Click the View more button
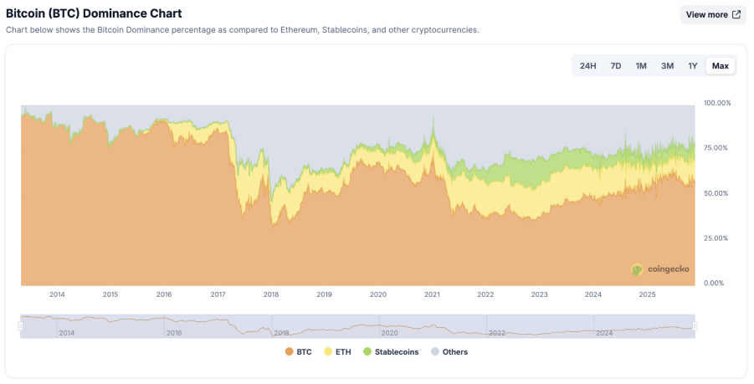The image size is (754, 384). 712,14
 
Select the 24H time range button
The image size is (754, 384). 587,66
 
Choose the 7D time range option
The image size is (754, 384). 615,66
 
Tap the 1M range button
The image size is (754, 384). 641,66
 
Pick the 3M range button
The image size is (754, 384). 667,66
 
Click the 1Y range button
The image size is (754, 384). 692,66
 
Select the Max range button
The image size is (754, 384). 720,66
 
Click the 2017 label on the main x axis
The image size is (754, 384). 218,294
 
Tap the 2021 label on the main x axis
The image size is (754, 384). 432,294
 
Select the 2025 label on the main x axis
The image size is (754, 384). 646,294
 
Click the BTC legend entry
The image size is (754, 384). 298,352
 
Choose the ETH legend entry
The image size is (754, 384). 337,352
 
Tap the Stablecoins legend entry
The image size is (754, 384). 391,352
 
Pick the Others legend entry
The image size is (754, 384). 449,352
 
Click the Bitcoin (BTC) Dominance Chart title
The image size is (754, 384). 94,13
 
